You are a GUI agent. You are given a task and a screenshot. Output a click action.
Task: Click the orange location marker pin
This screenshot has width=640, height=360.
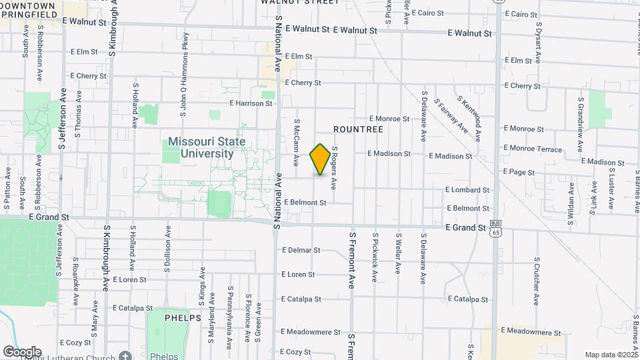coord(320,159)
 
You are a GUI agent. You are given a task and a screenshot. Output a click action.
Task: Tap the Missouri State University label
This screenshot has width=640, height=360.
coord(206,147)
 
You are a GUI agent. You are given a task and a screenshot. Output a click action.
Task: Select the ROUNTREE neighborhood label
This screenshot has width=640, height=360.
coord(358,129)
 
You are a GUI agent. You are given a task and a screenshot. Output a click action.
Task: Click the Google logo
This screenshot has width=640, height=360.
coord(22,351)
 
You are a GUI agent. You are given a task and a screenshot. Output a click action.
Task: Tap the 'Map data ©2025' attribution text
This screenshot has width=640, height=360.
coord(611,355)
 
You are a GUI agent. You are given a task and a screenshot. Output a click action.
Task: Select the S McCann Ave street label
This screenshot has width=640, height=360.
coord(296,143)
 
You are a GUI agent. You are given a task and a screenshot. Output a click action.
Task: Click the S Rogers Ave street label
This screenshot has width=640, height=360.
coord(334,167)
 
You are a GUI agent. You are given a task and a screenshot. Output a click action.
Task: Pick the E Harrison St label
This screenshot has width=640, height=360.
coord(251,103)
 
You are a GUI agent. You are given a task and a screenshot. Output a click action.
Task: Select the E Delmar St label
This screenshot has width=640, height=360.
coord(301,251)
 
